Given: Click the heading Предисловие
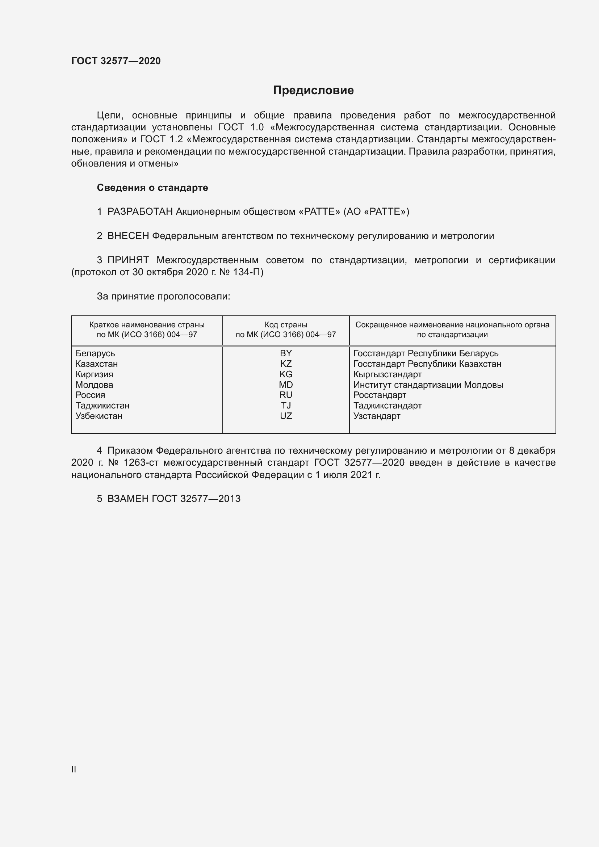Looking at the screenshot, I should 313,91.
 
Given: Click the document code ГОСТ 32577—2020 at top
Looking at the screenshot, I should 116,61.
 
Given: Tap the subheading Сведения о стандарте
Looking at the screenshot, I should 152,188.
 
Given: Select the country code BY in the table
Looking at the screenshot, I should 286,353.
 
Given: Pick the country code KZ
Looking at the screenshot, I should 286,364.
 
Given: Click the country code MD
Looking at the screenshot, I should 286,385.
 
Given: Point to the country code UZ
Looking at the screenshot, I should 286,416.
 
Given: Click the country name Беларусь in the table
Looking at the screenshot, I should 95,353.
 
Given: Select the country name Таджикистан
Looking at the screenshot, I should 102,406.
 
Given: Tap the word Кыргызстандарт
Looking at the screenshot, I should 387,374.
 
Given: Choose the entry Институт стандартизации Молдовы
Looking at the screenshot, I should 428,385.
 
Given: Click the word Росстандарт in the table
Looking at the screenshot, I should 380,395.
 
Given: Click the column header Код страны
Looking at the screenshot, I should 286,325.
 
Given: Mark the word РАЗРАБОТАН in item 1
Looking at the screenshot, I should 140,212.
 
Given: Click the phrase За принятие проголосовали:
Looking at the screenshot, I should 163,297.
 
